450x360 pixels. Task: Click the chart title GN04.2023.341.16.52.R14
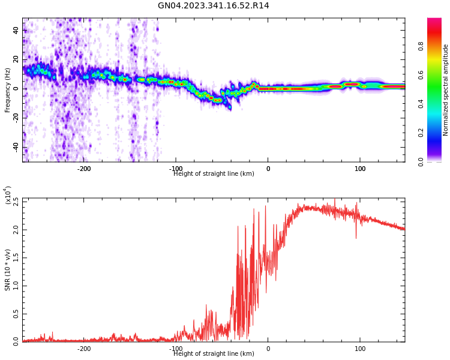213,6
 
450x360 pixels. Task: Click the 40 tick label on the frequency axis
16,30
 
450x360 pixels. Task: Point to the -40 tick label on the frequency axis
16,147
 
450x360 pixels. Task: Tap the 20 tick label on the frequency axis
16,59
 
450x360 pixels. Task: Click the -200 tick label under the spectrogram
84,169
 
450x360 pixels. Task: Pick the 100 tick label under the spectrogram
360,169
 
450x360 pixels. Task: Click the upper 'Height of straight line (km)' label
214,174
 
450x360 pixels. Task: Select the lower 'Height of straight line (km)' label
214,354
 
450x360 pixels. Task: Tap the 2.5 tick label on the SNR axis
16,202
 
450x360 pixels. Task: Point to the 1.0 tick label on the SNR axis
16,286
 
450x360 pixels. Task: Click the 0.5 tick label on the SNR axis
16,314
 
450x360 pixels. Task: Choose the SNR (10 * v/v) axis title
8,270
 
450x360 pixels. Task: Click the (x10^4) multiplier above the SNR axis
8,196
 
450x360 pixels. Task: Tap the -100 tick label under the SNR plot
176,349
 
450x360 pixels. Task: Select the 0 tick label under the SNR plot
268,349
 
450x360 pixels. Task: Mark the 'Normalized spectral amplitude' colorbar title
446,90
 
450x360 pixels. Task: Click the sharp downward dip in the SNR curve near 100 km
356,238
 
